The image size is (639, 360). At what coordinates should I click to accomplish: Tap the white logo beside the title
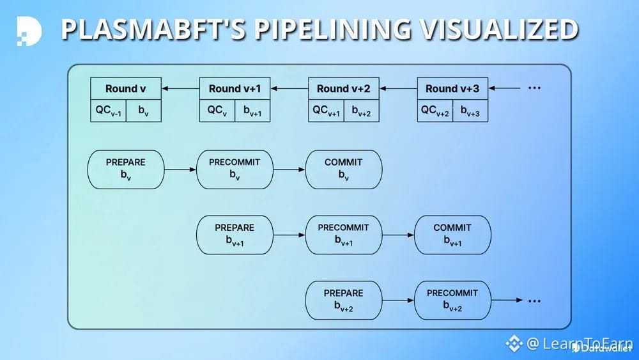(29, 30)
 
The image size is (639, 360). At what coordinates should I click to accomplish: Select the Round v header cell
(125, 88)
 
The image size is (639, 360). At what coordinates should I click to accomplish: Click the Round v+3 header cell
(452, 88)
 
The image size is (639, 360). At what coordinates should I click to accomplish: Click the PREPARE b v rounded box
(125, 169)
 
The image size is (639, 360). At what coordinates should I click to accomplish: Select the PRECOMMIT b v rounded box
(235, 169)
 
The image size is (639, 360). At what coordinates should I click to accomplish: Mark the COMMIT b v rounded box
(344, 169)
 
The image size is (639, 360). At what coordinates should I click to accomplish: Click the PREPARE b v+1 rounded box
(235, 235)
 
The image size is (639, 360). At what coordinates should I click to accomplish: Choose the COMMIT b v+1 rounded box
(452, 235)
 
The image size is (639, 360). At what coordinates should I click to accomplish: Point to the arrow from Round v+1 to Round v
(180, 89)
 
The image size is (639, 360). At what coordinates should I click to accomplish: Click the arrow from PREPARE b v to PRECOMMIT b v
(180, 169)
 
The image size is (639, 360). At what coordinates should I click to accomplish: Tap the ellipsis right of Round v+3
(534, 88)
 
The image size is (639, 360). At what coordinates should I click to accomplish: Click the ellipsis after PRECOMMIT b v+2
(534, 301)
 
